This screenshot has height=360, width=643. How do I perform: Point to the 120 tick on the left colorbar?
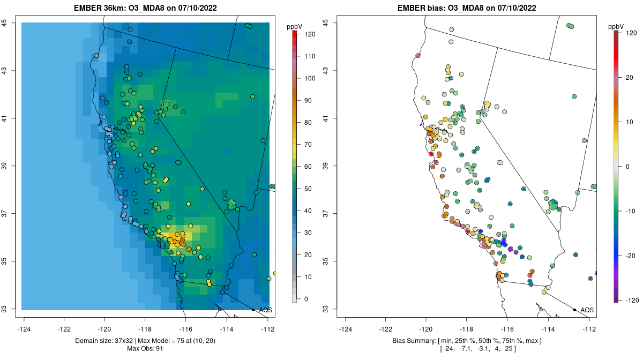point(309,34)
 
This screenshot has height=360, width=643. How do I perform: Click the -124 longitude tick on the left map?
point(24,329)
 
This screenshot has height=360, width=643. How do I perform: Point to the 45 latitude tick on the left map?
point(4,22)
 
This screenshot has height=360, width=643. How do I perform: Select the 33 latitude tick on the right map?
point(325,309)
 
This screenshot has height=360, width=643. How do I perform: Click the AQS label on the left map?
point(265,310)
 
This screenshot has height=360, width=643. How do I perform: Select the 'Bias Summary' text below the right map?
point(415,341)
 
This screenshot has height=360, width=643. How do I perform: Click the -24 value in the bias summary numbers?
point(448,349)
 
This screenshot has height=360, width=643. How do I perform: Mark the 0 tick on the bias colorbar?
point(627,166)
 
